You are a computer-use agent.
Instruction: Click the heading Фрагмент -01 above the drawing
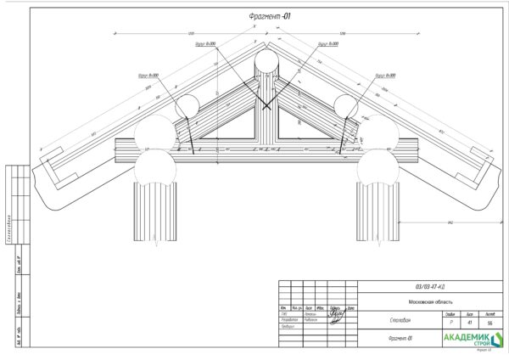(266, 16)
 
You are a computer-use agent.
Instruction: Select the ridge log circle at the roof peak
(266, 62)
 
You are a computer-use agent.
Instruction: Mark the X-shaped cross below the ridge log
(266, 104)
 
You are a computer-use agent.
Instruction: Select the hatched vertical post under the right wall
(378, 212)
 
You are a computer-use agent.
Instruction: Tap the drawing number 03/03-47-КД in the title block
(428, 287)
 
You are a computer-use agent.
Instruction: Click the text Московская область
(428, 301)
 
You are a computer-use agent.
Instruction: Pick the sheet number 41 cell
(469, 323)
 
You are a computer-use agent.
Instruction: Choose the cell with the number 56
(489, 323)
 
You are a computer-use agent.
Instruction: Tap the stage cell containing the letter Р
(450, 323)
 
